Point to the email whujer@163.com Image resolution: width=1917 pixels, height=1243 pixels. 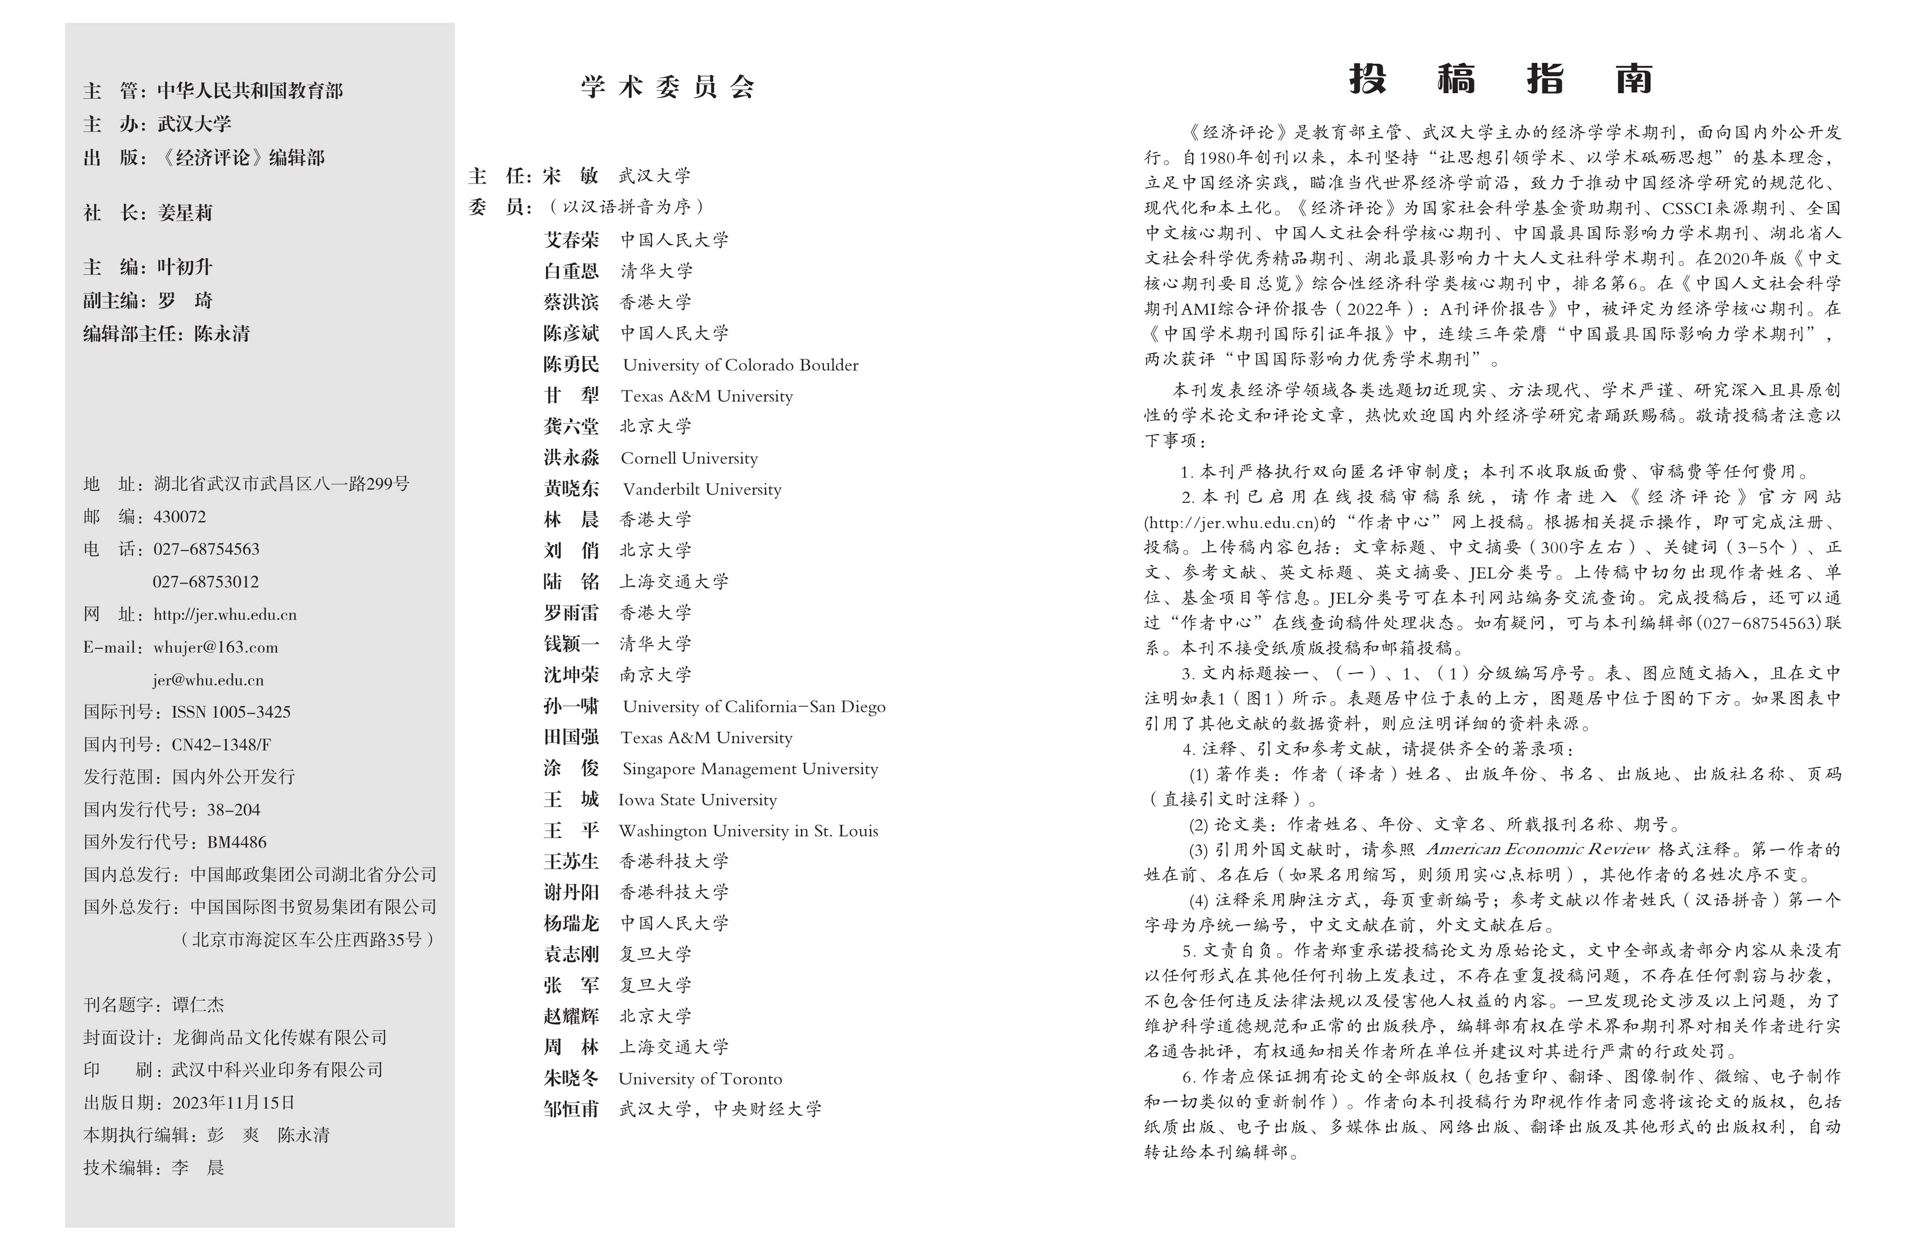216,647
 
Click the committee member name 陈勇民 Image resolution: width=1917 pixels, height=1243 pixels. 571,365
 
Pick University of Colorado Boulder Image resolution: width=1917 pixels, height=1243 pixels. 740,365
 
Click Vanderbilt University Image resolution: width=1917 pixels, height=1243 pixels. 702,488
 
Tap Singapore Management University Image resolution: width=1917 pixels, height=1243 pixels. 750,769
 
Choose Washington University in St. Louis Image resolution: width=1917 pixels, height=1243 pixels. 748,831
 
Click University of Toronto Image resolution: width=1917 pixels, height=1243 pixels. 700,1079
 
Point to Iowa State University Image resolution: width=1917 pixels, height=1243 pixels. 697,799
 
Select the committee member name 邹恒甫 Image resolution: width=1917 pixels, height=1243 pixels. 571,1110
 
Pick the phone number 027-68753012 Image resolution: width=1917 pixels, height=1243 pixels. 206,581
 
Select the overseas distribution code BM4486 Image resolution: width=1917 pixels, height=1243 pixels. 237,842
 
